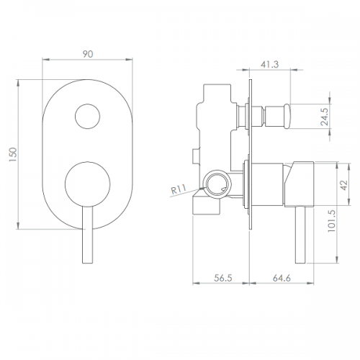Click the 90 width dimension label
[88, 54]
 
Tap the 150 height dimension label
[13, 154]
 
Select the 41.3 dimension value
[270, 64]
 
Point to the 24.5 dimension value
[324, 117]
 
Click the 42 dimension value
[344, 185]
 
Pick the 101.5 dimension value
[331, 221]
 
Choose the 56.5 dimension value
[223, 278]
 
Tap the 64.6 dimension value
[282, 278]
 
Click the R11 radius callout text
[179, 189]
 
